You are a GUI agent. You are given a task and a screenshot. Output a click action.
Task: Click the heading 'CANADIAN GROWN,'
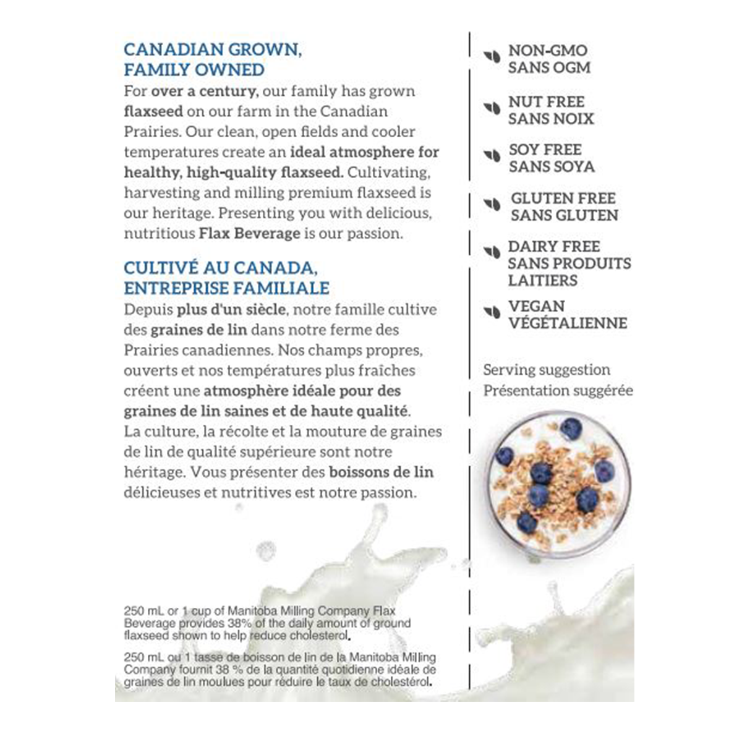click(x=213, y=49)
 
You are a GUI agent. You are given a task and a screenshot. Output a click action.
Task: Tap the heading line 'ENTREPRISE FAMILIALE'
click(x=226, y=288)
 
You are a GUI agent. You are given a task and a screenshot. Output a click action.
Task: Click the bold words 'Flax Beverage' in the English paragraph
click(x=249, y=234)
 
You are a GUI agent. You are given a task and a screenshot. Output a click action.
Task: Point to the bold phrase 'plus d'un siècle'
click(x=232, y=309)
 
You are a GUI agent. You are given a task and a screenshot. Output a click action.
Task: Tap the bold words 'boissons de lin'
click(x=381, y=472)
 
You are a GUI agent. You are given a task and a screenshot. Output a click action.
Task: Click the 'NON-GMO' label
click(x=547, y=51)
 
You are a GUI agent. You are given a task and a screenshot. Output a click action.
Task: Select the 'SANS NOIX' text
click(x=550, y=119)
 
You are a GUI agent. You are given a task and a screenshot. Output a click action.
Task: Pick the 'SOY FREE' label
click(x=545, y=150)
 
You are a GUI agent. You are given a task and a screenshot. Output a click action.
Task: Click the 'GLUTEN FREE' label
click(x=563, y=198)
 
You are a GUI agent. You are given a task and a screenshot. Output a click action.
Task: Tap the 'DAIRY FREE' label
click(x=553, y=246)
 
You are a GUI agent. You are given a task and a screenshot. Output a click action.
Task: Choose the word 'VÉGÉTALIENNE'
click(x=568, y=323)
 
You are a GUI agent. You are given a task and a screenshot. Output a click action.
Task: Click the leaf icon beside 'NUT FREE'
click(x=492, y=108)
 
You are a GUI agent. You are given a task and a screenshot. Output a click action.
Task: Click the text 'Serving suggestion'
click(x=546, y=370)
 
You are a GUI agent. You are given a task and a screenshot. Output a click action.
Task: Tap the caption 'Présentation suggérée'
click(x=558, y=391)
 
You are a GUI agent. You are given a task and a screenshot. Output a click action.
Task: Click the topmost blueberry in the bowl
click(x=571, y=428)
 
